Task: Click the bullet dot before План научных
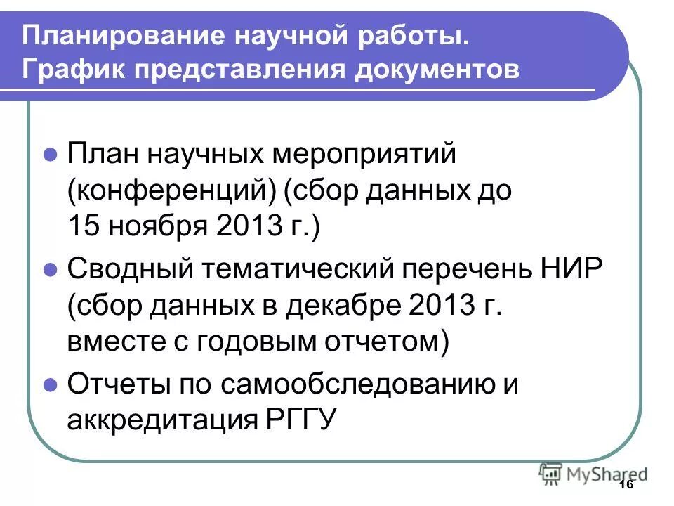(50, 154)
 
